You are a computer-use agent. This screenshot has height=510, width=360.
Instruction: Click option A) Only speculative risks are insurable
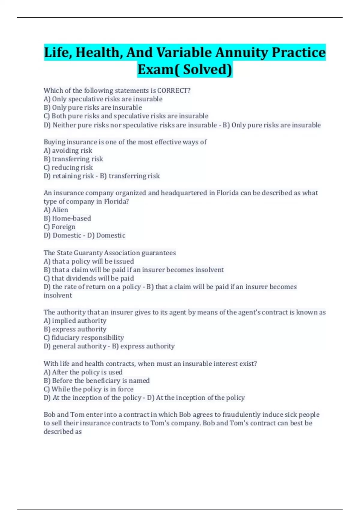coord(103,99)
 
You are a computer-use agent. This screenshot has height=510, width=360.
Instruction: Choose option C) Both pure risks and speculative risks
coord(126,116)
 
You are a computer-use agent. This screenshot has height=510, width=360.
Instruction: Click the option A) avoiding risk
coord(68,150)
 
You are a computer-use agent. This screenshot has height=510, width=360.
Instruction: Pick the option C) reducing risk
coord(68,167)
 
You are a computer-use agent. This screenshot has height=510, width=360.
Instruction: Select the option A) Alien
coord(56,210)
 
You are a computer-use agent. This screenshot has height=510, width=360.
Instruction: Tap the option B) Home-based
coord(67,218)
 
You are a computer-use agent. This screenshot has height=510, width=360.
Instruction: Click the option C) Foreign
coord(59,227)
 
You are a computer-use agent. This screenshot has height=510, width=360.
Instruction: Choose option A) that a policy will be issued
coord(89,261)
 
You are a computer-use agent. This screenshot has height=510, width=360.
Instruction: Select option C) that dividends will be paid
coord(89,278)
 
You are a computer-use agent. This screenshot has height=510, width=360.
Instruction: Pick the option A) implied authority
coord(75,320)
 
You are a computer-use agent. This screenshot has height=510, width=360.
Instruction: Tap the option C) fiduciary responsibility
coord(84,337)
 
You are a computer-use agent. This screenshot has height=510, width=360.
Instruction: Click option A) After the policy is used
coord(83,372)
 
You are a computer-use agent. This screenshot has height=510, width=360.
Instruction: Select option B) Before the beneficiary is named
coord(97,380)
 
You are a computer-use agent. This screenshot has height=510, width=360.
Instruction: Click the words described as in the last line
coord(63,431)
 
